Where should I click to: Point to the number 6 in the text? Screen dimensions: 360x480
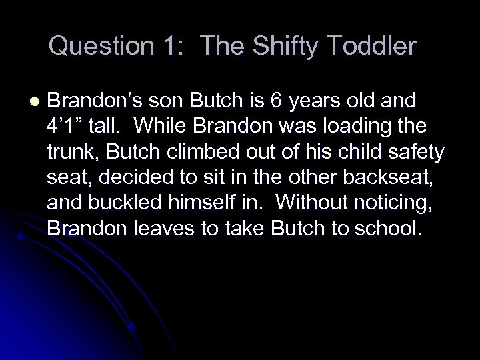277,100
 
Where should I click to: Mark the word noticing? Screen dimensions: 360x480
393,203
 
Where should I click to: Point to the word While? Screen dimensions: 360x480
181,127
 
